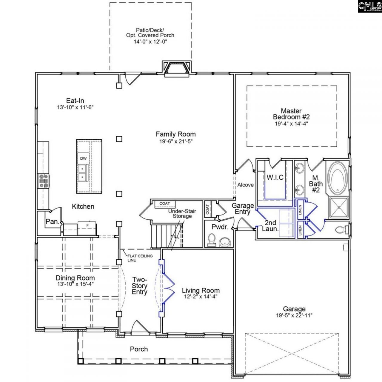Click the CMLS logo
tap(369, 6)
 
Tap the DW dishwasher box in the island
tap(83, 158)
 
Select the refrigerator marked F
tap(87, 228)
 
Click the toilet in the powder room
tap(212, 240)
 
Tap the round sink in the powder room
tap(224, 242)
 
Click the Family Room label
tap(175, 134)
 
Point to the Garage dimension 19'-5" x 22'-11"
tap(294, 315)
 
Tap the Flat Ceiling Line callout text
tap(140, 258)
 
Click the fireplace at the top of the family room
tap(177, 68)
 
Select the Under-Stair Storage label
tap(182, 213)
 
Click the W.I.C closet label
tap(275, 178)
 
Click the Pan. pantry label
tap(52, 222)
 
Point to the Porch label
tap(139, 349)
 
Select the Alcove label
tap(245, 185)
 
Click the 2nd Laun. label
tap(270, 226)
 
